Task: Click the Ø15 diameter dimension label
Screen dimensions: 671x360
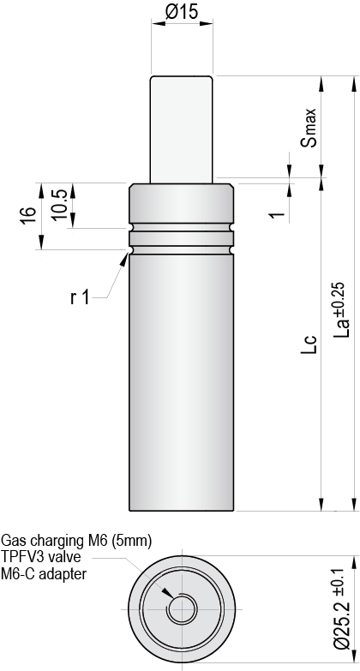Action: (x=181, y=13)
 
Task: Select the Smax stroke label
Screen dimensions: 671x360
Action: (x=311, y=129)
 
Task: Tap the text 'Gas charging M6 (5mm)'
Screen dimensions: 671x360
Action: (x=76, y=541)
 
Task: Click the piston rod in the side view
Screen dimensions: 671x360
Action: (x=181, y=129)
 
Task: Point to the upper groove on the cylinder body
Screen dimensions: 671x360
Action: (x=181, y=231)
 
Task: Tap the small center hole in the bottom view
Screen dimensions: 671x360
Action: (x=181, y=609)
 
